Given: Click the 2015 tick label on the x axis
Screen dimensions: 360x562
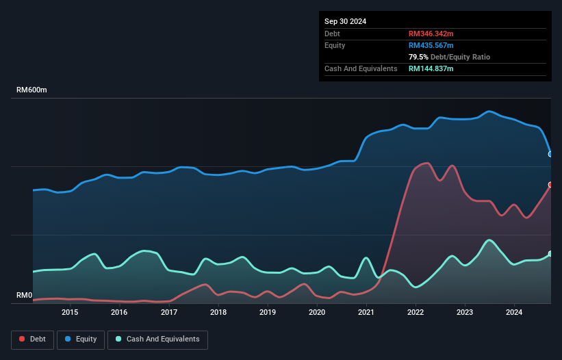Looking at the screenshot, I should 70,313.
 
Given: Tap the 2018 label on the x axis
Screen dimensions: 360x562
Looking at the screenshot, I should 218,313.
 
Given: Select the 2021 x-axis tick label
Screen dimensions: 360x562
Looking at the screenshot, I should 366,313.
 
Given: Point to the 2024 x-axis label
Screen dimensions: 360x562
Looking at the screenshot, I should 514,313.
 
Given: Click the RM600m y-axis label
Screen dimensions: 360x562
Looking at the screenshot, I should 32,90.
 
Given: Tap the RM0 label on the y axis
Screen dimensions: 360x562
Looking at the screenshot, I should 25,296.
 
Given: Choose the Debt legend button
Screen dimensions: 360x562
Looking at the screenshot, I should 34,339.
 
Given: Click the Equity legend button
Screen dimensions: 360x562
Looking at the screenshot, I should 81,339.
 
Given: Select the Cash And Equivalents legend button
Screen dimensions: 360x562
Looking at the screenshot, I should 157,339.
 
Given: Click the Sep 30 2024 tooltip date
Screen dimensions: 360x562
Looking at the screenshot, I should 345,21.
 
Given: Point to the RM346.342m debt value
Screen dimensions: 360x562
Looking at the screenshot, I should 431,34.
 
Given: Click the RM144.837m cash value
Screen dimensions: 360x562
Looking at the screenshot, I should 431,68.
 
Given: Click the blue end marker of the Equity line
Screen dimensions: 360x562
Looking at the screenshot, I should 550,154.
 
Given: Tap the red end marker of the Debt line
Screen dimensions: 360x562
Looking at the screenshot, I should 550,185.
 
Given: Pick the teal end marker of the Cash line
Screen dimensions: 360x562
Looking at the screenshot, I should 550,254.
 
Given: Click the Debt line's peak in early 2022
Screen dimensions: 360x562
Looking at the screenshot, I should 426,163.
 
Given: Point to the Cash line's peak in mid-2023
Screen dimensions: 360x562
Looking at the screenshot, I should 489,240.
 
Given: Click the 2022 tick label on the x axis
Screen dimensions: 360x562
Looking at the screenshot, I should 416,313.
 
